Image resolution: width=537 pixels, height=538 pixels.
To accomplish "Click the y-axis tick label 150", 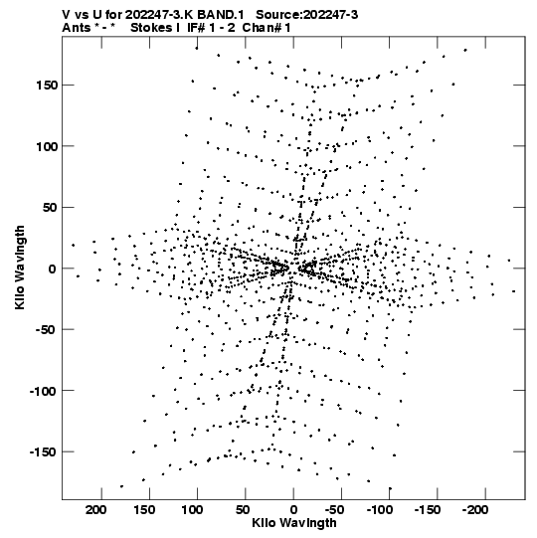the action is point(47,86).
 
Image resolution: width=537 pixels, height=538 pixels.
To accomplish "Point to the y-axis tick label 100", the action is point(47,146).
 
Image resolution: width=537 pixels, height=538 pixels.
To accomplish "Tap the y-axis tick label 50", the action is point(50,208).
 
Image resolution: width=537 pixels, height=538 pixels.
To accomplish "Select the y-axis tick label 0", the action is point(53,269).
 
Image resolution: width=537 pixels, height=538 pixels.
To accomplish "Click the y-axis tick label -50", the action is point(47,330).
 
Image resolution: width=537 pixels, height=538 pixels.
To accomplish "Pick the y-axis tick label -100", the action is point(43,391).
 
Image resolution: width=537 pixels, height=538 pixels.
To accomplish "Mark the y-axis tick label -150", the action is point(43,452).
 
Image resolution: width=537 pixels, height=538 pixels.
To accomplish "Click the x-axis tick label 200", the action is point(96,510).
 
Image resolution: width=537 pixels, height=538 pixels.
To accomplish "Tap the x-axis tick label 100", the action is point(192,510).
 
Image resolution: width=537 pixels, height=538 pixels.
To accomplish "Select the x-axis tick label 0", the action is point(293,510).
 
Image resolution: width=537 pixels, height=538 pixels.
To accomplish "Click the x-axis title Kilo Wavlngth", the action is point(294,523).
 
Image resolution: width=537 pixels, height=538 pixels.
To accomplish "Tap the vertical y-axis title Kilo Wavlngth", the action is point(20,268).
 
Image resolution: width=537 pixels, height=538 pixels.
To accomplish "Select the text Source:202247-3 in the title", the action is point(307,15).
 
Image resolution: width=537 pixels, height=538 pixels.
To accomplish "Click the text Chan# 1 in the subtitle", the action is point(267,28).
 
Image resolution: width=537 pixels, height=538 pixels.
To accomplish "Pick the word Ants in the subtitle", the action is point(76,28).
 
